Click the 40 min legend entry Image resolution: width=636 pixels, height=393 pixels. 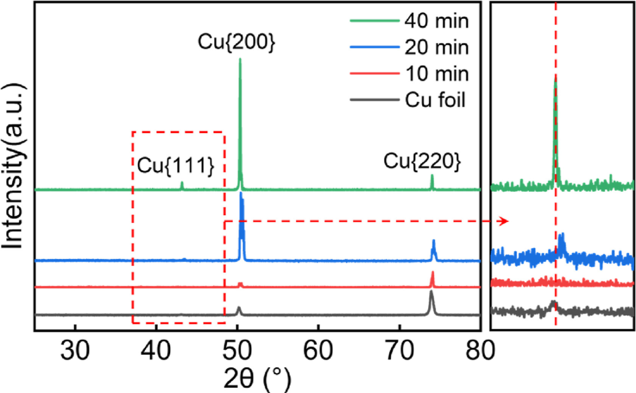tap(436, 23)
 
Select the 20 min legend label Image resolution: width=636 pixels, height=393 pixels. tap(436, 49)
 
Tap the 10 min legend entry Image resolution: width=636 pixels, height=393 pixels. tap(436, 75)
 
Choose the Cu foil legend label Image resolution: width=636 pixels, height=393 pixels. tap(435, 101)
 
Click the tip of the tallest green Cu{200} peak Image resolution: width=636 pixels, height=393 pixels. tap(240, 59)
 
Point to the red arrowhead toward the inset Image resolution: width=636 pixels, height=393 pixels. tap(503, 221)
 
